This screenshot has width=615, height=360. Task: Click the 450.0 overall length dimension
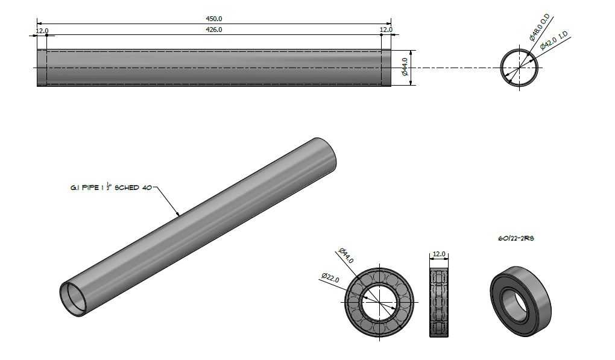click(214, 19)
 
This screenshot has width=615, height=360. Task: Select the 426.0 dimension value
click(214, 30)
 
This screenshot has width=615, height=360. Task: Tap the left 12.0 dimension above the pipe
click(42, 30)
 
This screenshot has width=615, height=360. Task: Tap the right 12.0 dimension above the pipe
click(386, 30)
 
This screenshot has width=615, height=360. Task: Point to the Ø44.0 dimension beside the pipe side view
click(405, 67)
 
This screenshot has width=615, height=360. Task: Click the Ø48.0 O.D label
click(539, 28)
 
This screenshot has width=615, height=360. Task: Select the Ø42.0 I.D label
click(554, 40)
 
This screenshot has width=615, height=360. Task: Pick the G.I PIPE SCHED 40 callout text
click(111, 187)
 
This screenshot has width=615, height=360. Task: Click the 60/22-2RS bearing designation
click(516, 238)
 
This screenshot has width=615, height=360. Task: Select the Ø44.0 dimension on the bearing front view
click(346, 255)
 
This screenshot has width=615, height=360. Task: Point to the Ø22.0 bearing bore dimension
click(330, 277)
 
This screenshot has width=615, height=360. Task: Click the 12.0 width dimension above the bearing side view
click(438, 254)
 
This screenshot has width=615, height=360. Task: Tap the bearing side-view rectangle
click(439, 302)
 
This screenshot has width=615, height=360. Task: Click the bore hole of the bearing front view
click(379, 302)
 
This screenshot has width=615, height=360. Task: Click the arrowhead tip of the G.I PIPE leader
click(179, 216)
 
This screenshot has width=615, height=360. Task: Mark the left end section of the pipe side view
click(42, 68)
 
